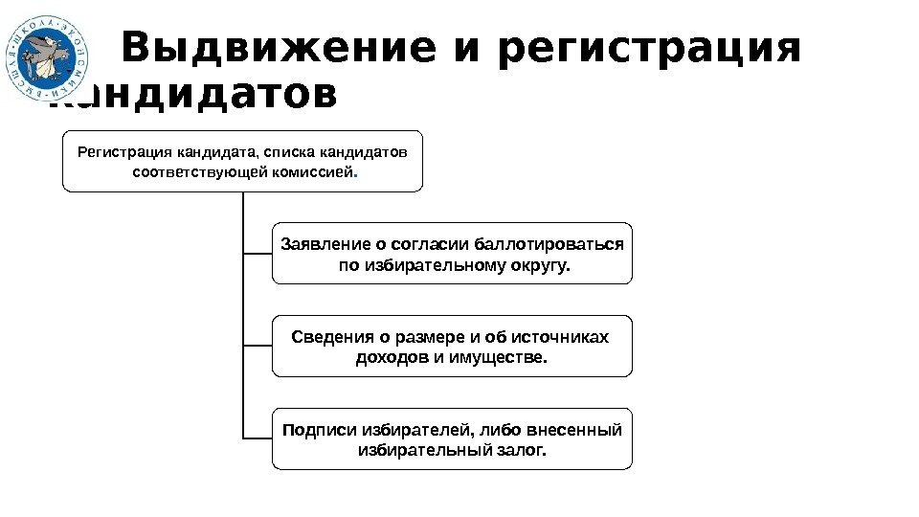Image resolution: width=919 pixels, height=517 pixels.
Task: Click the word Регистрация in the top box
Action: pos(120,151)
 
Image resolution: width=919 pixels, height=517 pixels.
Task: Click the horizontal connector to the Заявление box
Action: pos(258,254)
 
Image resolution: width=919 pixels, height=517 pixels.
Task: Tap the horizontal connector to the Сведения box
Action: pos(258,346)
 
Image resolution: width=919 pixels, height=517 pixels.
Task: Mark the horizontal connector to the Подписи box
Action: pos(258,439)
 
